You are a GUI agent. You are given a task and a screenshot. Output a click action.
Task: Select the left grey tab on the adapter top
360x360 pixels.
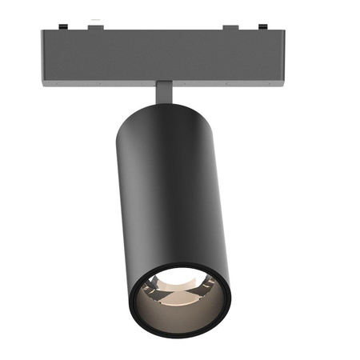pyautogui.click(x=95, y=28)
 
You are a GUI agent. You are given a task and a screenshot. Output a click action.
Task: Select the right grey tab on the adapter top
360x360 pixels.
pyautogui.click(x=230, y=28)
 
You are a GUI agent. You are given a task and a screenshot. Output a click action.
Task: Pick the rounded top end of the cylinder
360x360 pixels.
pyautogui.click(x=170, y=108)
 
